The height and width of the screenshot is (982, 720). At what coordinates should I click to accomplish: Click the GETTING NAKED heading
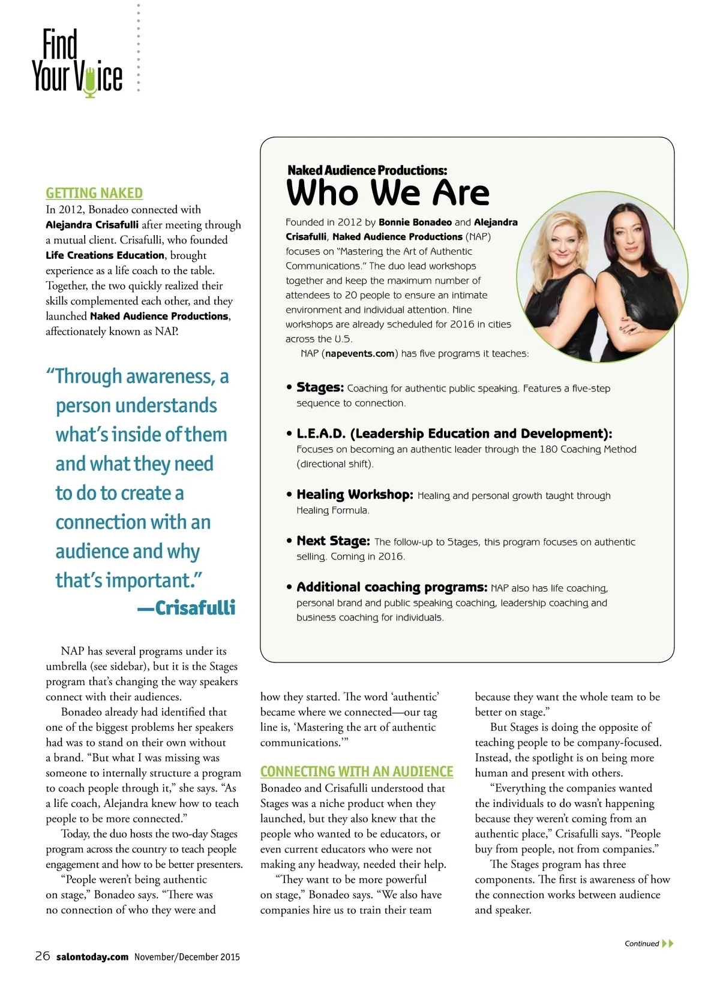pos(94,193)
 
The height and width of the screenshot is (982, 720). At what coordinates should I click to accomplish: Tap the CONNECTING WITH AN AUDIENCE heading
pos(356,772)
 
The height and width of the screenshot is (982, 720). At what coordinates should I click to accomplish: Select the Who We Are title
pos(388,193)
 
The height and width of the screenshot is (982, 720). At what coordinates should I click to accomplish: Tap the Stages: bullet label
pos(320,388)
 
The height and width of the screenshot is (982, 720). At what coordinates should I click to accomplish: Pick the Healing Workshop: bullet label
pos(355,495)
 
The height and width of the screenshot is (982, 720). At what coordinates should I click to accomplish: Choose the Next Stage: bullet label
pos(333,541)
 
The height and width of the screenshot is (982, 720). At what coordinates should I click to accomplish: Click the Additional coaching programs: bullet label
pos(392,587)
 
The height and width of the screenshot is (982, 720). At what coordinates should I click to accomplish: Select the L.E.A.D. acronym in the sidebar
pos(321,433)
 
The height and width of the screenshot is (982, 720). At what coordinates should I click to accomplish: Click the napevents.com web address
pos(360,354)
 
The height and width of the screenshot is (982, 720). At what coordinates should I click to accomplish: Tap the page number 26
pos(43,956)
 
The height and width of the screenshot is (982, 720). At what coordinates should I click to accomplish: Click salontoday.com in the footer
pos(92,957)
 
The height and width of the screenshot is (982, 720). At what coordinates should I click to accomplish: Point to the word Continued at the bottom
pos(641,944)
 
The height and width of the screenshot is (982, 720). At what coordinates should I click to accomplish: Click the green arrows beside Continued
pos(668,944)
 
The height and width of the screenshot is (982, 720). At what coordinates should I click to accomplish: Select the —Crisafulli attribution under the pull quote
pos(187,608)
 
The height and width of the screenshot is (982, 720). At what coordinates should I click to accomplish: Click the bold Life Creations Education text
pos(105,255)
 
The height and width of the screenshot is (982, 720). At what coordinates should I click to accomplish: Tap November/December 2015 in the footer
pos(187,957)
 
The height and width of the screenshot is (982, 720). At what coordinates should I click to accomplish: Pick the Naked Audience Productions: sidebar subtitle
pos(367,170)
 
